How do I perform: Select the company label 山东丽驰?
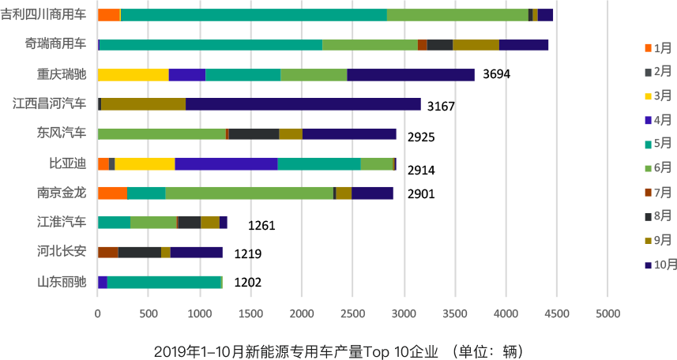tap(62, 282)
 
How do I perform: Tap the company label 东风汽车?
tap(62, 133)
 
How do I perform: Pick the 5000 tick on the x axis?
tap(607, 313)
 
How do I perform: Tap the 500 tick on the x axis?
tap(149, 313)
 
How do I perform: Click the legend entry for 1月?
tap(656, 47)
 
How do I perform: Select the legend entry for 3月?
tap(656, 96)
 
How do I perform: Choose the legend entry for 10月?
tap(659, 264)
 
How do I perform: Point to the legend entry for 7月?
tap(656, 192)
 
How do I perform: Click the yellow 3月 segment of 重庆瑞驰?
tap(133, 74)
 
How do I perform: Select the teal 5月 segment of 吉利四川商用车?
tap(254, 15)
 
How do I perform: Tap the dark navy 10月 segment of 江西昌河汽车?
tap(303, 103)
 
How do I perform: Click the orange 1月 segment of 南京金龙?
tap(112, 193)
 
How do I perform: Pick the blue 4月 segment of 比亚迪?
tap(226, 163)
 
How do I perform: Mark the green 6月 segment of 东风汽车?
tap(161, 133)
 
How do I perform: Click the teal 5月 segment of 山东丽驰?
tap(164, 282)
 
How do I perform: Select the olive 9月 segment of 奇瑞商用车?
tap(476, 44)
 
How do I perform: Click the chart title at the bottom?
tap(338, 350)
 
